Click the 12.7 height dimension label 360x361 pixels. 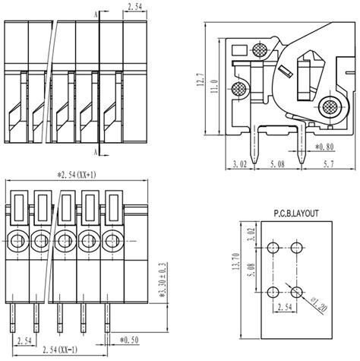click(201, 80)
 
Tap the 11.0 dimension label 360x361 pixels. click(214, 87)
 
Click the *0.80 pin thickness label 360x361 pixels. click(324, 147)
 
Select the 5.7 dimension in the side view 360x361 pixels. click(328, 164)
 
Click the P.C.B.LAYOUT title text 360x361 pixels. click(296, 214)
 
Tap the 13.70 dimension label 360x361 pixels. click(236, 261)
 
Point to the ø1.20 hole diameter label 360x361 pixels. click(319, 305)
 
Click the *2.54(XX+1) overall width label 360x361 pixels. click(77, 175)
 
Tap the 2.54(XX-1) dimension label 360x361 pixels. click(60, 350)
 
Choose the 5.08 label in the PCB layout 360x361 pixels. click(251, 270)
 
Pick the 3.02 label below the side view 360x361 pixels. click(239, 164)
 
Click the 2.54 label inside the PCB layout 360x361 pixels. click(285, 307)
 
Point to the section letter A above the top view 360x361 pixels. click(96, 15)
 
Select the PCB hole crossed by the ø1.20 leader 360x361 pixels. click(296, 292)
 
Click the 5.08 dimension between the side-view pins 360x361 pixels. click(277, 164)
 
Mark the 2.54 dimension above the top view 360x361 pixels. click(134, 7)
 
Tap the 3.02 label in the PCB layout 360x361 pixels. click(251, 235)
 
